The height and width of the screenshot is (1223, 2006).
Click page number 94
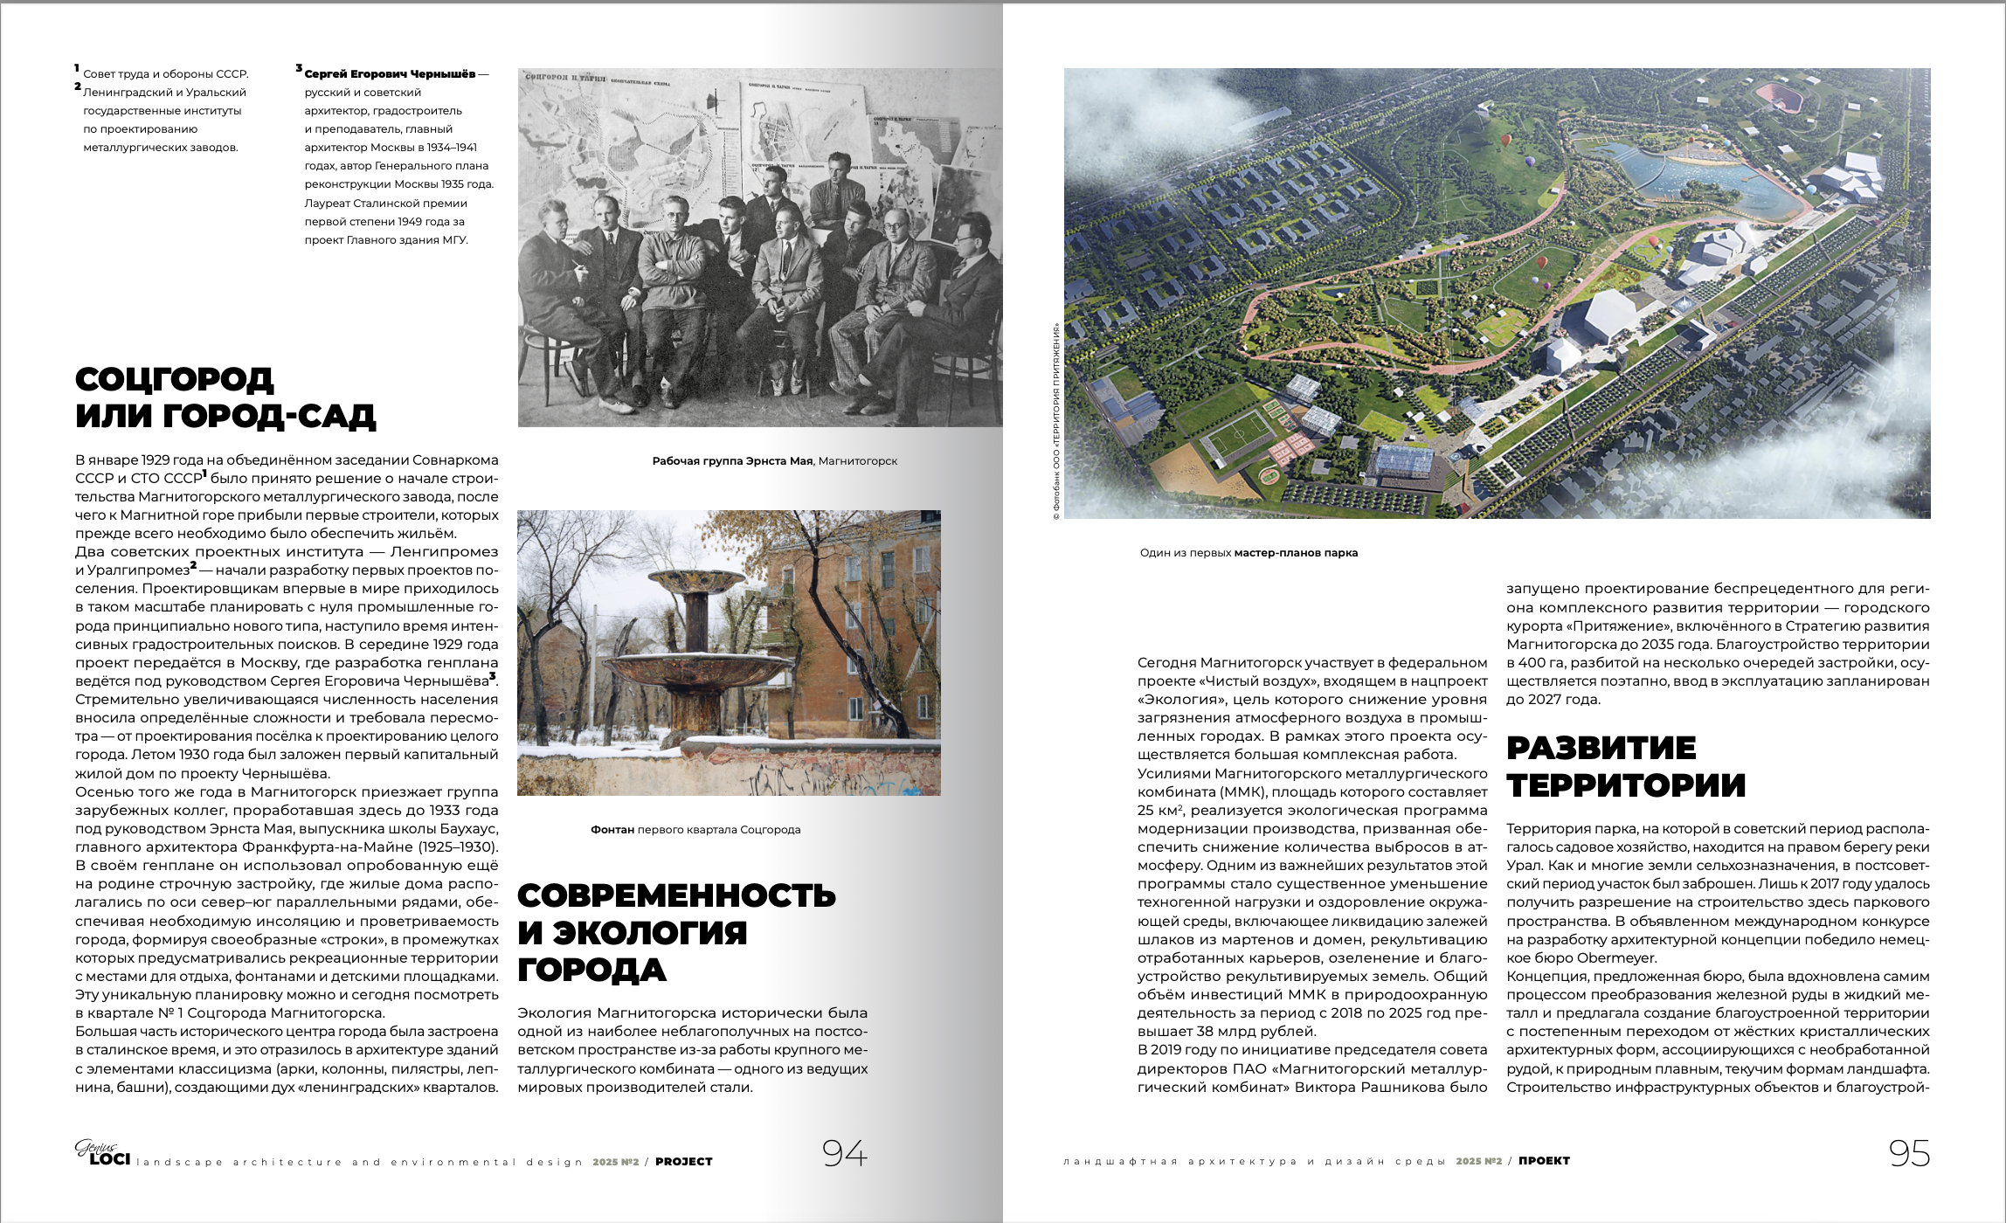point(844,1154)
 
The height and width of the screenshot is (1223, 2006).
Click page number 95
point(1909,1154)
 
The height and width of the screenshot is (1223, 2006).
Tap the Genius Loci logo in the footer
point(102,1154)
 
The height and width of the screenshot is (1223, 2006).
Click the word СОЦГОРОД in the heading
point(175,379)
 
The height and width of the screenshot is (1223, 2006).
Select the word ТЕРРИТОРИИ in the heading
point(1626,785)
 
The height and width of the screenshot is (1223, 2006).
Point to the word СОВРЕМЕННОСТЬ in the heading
point(676,895)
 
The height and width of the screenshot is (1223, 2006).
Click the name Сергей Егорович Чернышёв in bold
point(390,74)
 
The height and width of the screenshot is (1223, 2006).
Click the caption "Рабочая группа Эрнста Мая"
point(732,461)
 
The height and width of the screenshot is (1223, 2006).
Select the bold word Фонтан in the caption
point(612,830)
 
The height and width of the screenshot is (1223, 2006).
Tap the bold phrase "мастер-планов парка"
point(1296,553)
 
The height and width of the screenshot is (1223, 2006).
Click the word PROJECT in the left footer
point(684,1162)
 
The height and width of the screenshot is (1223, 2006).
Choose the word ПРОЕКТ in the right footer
point(1544,1161)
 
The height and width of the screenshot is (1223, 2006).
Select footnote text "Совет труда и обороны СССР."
point(166,74)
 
